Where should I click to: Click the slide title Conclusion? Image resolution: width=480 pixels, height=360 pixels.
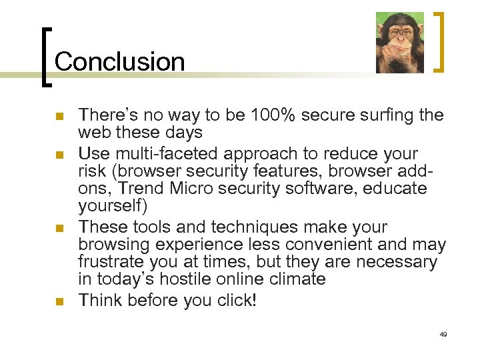[119, 61]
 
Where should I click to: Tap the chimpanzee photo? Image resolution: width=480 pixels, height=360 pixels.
[399, 43]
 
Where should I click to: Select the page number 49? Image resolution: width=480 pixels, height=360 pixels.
[443, 333]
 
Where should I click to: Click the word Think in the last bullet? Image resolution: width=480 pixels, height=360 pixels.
[101, 301]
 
